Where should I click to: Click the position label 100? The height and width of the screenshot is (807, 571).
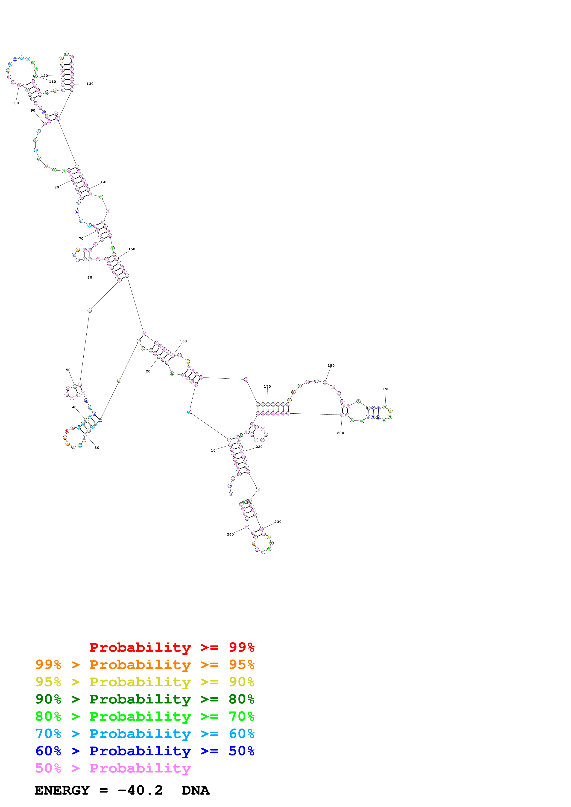15,103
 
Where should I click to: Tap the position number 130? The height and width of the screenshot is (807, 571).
90,84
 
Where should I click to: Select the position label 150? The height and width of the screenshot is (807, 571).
132,249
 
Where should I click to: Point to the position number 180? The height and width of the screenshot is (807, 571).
331,366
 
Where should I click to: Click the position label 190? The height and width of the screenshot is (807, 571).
386,389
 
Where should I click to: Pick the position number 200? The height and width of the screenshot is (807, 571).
341,433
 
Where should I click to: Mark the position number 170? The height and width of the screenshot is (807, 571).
267,387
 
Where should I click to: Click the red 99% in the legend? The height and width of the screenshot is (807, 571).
241,647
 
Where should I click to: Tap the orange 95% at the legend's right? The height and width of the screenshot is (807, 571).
241,665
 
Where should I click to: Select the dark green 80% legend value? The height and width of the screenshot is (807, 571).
241,699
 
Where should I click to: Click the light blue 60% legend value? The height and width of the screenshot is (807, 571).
241,734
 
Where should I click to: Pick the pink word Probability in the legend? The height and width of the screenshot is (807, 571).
140,768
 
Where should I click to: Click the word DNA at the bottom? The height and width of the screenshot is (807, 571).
196,790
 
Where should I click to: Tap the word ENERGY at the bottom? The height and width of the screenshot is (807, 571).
62,790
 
